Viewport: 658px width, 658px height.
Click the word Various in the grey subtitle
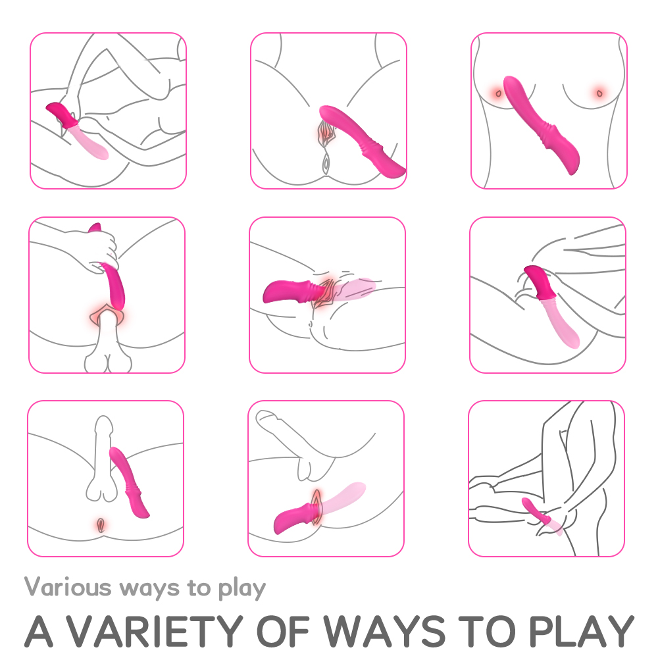tap(68, 587)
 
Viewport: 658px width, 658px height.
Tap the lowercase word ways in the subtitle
tap(149, 589)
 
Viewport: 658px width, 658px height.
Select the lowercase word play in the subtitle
tap(241, 588)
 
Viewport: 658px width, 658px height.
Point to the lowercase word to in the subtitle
tap(199, 588)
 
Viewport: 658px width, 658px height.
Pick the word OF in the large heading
tap(282, 631)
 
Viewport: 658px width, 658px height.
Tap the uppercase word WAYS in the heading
tap(384, 631)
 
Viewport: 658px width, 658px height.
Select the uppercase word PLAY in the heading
tap(581, 631)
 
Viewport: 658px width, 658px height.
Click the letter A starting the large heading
tap(39, 631)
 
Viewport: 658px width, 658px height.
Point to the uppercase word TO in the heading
tap(487, 631)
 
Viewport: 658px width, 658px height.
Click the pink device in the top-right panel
tap(540, 124)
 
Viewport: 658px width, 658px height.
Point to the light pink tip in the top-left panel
tap(89, 142)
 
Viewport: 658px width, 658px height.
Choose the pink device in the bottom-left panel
tap(128, 482)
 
